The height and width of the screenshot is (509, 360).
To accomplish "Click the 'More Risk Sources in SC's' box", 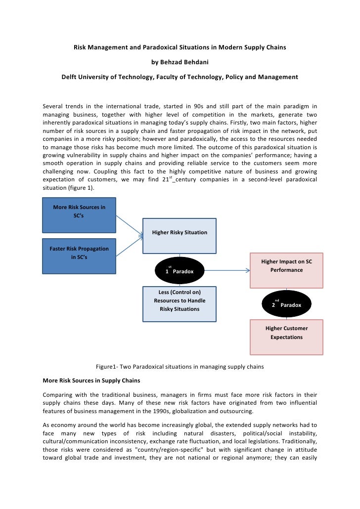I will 79,215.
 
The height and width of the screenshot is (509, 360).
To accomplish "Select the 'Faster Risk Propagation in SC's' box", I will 79,255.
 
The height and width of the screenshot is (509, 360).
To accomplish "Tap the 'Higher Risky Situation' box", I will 180,232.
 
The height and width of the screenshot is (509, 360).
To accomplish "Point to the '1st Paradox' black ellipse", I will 180,271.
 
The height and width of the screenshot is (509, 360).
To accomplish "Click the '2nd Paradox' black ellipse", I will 286,304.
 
